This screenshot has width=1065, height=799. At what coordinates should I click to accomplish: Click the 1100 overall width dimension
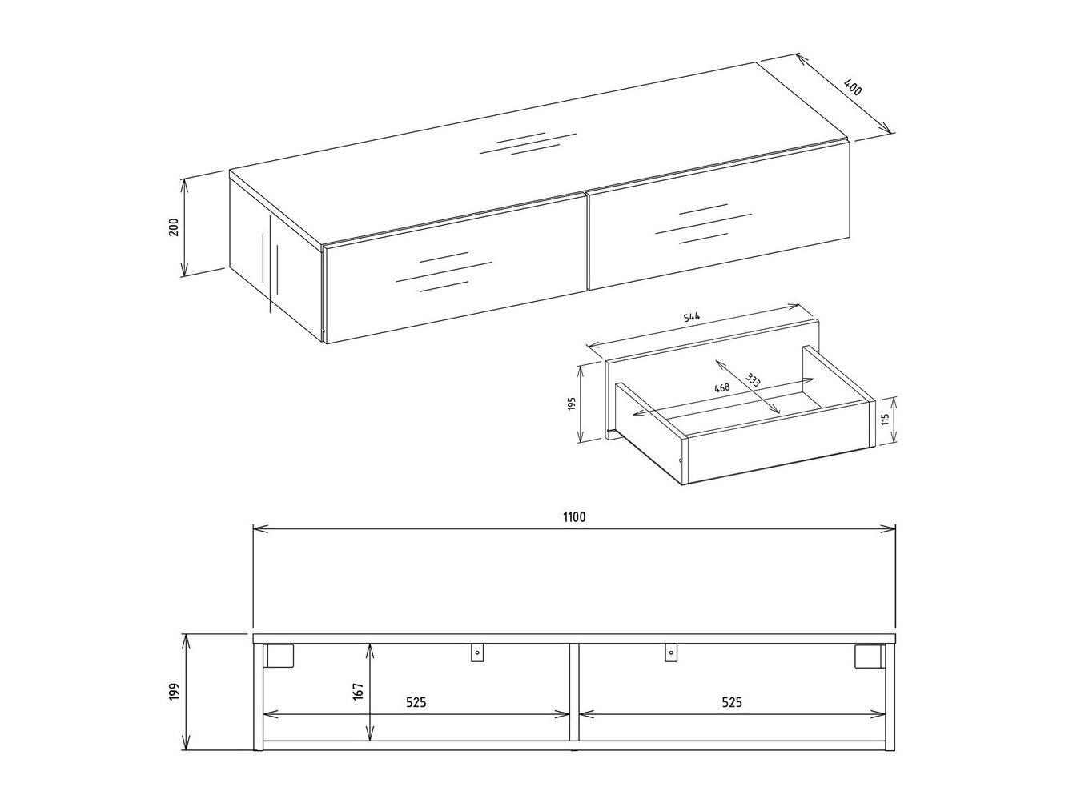[573, 517]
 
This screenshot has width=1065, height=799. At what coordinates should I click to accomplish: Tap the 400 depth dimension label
[854, 87]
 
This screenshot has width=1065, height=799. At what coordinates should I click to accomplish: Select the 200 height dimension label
[173, 227]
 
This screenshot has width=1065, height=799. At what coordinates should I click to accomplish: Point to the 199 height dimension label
[174, 692]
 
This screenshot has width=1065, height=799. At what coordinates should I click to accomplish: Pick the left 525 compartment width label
[415, 702]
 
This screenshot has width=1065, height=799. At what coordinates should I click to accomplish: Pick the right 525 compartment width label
[731, 702]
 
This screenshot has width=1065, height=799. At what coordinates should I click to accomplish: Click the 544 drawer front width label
[692, 317]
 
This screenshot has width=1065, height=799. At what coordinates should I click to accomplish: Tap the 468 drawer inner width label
[721, 387]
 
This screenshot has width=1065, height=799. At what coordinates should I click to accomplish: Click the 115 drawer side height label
[886, 420]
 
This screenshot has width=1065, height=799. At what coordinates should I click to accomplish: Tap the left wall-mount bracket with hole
[477, 653]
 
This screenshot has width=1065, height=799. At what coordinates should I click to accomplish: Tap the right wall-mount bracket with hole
[671, 653]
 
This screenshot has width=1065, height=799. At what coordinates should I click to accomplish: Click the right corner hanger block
[867, 655]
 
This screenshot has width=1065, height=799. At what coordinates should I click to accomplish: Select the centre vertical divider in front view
[573, 692]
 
